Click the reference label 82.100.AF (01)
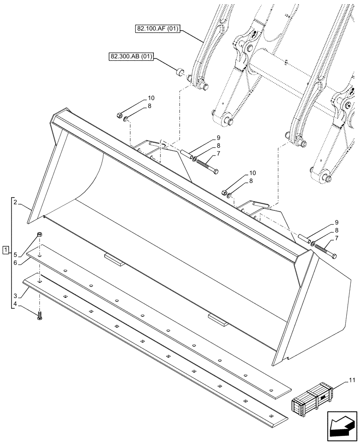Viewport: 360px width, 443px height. tap(158, 30)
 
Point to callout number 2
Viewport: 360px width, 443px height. tap(15, 202)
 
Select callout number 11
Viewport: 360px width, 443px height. tap(352, 380)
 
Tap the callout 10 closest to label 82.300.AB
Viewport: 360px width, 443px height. tap(151, 98)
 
